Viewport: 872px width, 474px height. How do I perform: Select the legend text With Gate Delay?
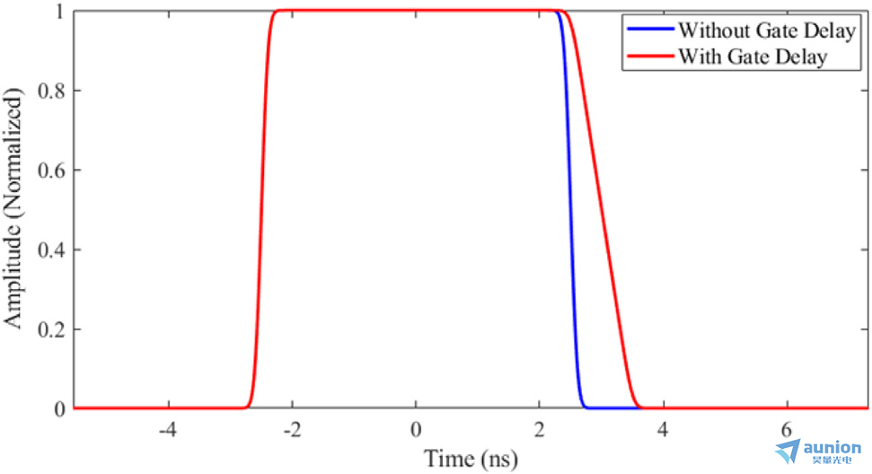click(751, 56)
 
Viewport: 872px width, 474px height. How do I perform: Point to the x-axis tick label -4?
click(167, 429)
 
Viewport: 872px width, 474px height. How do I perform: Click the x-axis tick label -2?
click(291, 429)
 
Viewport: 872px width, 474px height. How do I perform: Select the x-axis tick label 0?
click(416, 429)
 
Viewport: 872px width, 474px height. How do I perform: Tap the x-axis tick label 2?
click(539, 429)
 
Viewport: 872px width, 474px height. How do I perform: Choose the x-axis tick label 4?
click(664, 429)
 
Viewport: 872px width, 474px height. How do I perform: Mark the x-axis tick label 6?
click(787, 429)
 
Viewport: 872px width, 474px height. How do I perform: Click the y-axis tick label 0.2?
click(49, 329)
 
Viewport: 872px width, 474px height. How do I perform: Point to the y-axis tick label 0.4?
click(49, 250)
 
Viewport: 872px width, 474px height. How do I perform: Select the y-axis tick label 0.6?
click(49, 170)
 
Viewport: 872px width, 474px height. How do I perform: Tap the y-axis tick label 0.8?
click(49, 91)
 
